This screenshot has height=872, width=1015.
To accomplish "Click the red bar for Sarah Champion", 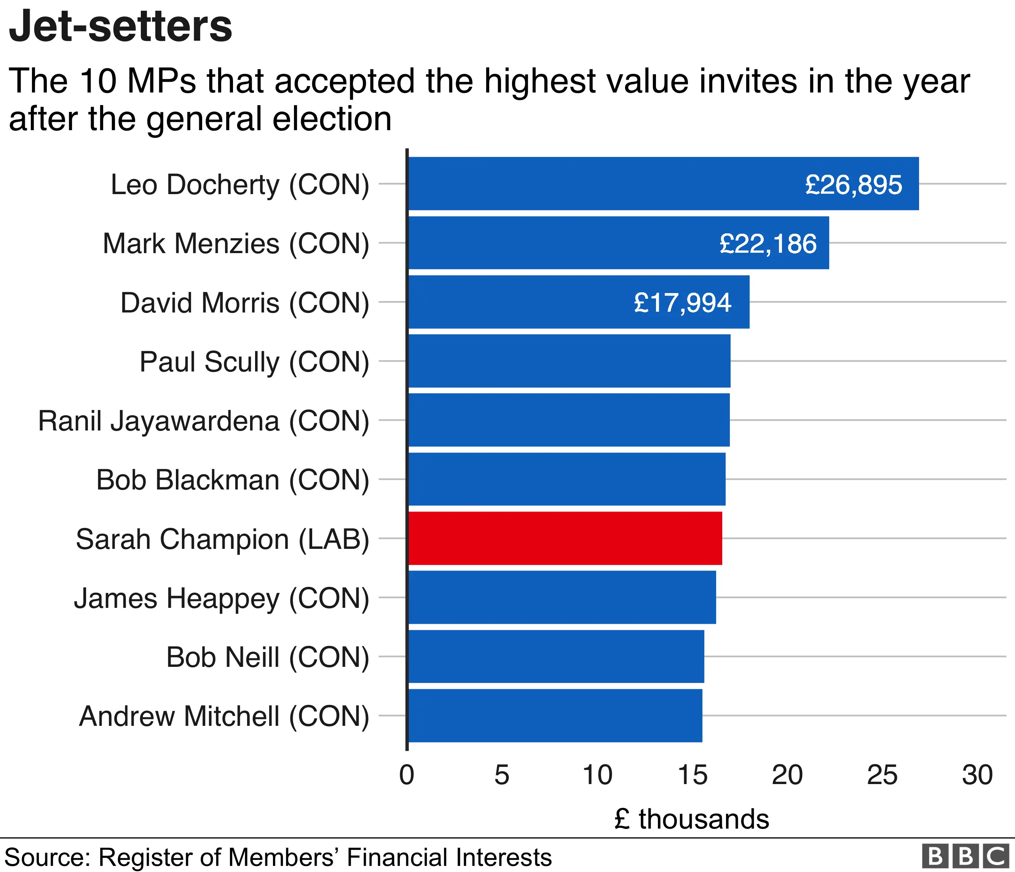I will (565, 538).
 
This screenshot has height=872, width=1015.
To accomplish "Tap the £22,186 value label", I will (768, 243).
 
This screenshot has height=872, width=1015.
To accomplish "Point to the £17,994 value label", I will (682, 303).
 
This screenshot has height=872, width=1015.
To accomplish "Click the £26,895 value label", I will (853, 185).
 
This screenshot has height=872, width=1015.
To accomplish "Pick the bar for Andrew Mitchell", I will (555, 715).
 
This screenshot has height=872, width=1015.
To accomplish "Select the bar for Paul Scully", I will (569, 361).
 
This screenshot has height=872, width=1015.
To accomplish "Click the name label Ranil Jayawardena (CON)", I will (203, 421).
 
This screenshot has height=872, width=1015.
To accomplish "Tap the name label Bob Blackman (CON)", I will (232, 480).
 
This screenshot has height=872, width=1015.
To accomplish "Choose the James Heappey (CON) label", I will (222, 598).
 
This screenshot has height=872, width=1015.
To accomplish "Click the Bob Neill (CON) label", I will (268, 657).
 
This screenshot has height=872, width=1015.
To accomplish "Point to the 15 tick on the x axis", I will (692, 775).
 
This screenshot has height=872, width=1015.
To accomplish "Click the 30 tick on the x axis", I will (977, 775).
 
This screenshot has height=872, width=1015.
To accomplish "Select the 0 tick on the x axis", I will (407, 775).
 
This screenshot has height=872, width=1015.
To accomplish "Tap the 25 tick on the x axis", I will (882, 775).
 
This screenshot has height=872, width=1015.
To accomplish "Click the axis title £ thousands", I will (691, 819).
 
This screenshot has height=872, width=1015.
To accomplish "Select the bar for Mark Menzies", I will (618, 243).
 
